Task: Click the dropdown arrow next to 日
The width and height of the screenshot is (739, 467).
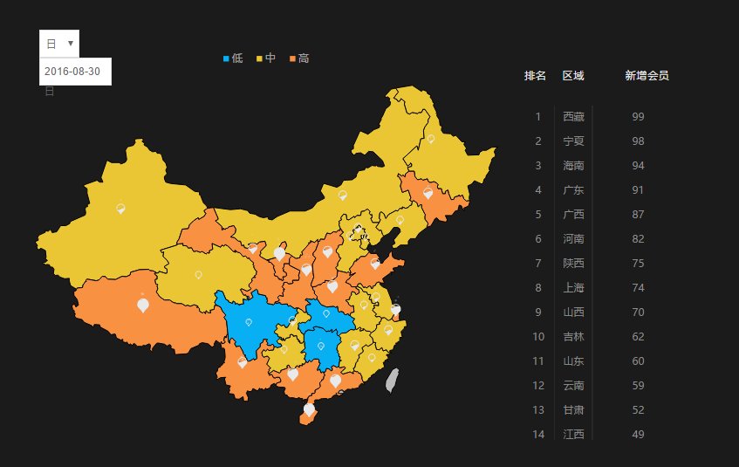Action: point(70,43)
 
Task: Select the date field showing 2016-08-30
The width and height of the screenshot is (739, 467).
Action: point(74,72)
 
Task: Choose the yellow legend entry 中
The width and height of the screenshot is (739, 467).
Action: point(265,58)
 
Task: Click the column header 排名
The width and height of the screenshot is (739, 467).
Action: point(535,76)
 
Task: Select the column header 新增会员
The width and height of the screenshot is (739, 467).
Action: point(647,76)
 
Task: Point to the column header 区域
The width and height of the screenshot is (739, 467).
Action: point(573,76)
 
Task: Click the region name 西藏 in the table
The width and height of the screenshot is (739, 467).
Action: point(573,116)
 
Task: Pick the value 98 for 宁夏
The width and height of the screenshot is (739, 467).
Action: point(638,141)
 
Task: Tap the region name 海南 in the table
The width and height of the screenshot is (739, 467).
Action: point(573,165)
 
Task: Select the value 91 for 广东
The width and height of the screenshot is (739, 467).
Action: point(638,189)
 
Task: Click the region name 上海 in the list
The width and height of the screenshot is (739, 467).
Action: point(573,287)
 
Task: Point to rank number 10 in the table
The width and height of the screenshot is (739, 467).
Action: point(538,336)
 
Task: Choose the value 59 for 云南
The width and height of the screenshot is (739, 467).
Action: point(638,385)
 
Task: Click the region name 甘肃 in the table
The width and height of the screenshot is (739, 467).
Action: point(573,409)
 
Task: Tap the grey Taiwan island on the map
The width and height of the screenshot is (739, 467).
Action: point(393,379)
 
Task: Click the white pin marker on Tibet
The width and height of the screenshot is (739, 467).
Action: point(143,305)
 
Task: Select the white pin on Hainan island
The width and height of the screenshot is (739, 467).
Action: point(309,409)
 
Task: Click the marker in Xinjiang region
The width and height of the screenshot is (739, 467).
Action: point(120,208)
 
